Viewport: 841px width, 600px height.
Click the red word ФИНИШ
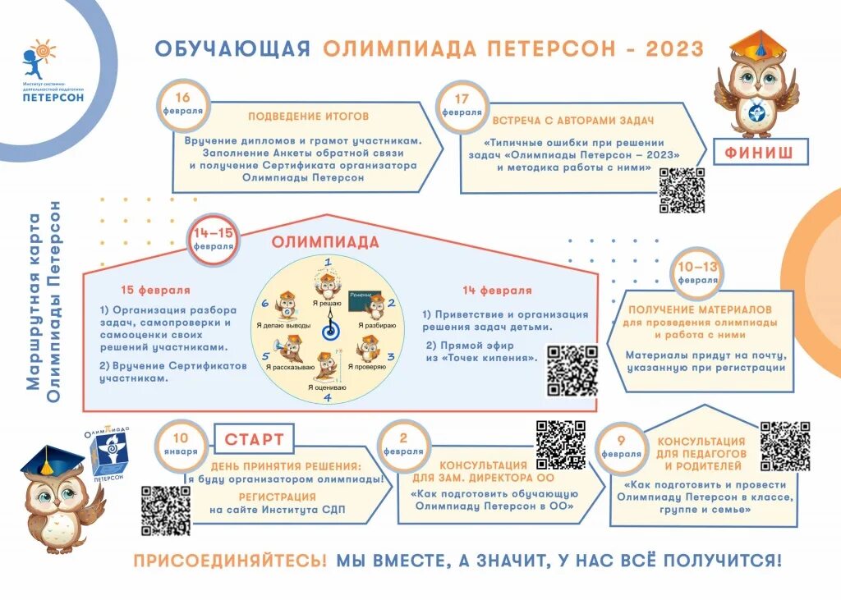766,152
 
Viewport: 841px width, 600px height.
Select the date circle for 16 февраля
182,105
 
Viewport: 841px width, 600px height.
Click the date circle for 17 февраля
462,105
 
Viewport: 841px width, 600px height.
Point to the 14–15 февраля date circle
214,240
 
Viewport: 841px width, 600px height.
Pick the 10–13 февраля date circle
697,273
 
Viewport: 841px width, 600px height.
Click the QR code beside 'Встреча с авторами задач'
682,190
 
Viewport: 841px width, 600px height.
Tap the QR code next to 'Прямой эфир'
572,371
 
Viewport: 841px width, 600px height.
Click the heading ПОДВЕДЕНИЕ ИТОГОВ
308,117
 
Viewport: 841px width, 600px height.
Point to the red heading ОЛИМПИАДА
325,242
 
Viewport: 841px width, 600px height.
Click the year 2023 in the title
674,48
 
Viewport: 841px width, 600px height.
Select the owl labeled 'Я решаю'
325,284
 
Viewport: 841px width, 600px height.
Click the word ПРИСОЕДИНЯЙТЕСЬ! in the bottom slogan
230,561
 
